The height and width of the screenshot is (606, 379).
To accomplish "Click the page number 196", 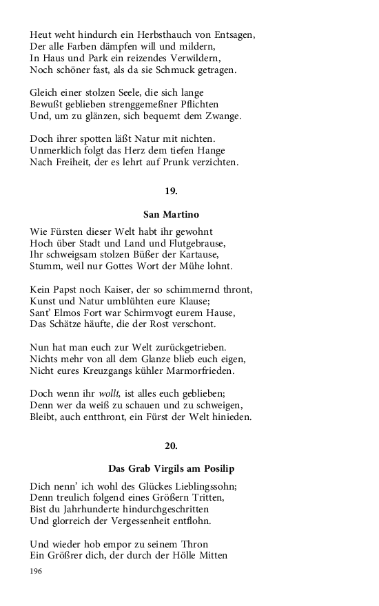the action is coord(37,572).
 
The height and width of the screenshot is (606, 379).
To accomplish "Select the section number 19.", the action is coord(171,191).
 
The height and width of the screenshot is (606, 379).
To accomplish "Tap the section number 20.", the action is coord(171,446).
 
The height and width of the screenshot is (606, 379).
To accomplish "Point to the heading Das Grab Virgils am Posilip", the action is coord(171,468).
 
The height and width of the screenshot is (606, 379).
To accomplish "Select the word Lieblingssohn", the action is coord(192,486).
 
